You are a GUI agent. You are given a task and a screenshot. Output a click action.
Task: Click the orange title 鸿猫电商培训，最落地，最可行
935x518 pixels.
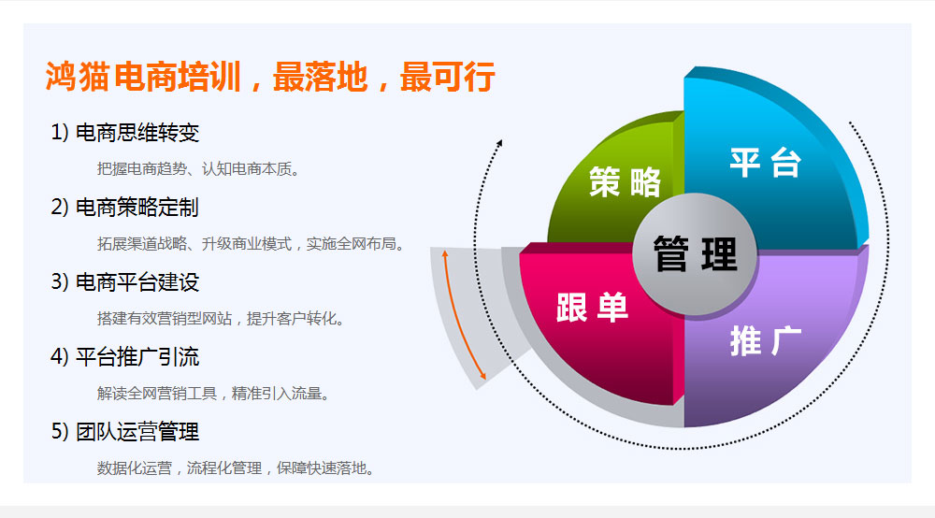click(270, 77)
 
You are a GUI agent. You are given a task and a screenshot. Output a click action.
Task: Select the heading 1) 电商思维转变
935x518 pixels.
click(125, 133)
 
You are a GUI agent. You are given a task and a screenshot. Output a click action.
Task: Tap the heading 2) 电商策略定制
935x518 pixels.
click(125, 208)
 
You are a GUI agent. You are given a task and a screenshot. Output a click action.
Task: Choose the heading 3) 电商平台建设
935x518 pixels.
click(125, 282)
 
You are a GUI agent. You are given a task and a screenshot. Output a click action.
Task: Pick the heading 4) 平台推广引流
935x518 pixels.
click(125, 357)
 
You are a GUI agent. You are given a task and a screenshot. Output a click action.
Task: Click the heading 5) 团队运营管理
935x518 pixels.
click(125, 432)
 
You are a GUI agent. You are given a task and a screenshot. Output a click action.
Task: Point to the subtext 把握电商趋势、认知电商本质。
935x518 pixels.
click(198, 169)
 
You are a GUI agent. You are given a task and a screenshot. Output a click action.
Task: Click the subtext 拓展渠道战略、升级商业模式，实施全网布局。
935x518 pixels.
click(251, 244)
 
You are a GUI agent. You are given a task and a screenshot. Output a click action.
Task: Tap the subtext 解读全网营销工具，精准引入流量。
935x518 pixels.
click(213, 394)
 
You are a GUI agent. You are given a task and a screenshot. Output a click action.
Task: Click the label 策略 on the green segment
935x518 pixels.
click(625, 181)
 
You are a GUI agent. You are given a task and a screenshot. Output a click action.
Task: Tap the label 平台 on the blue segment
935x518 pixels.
click(766, 162)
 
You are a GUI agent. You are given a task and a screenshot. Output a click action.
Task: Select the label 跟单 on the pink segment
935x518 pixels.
click(592, 308)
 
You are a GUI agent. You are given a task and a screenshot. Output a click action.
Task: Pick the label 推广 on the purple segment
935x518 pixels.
click(766, 341)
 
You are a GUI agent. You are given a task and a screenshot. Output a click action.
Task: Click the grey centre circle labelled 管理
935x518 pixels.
click(695, 254)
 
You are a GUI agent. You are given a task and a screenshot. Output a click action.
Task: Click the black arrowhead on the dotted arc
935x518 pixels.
click(499, 143)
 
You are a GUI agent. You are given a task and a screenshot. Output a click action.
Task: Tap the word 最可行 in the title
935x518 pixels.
click(447, 77)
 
